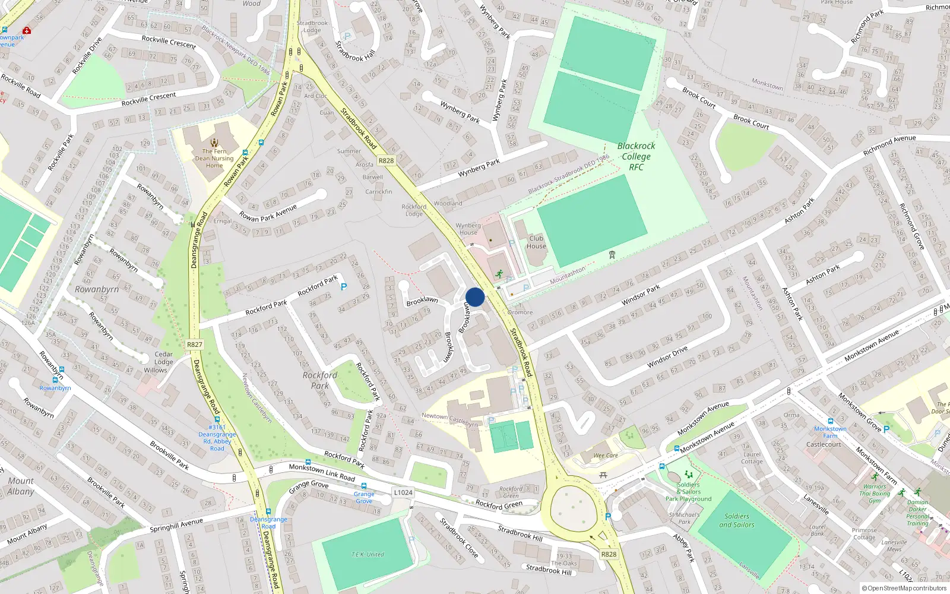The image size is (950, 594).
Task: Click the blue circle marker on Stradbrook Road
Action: pyautogui.click(x=475, y=297)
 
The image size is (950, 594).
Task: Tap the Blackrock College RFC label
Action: pyautogui.click(x=636, y=156)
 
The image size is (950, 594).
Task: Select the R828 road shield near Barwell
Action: pyautogui.click(x=386, y=160)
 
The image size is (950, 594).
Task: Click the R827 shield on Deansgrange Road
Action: pyautogui.click(x=194, y=345)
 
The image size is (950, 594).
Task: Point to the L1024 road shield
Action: pyautogui.click(x=403, y=492)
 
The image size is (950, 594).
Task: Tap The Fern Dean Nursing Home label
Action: pyautogui.click(x=214, y=158)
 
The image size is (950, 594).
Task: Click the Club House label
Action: pyautogui.click(x=536, y=242)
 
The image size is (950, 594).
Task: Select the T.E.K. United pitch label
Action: pyautogui.click(x=368, y=554)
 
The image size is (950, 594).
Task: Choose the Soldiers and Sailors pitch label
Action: pyautogui.click(x=736, y=520)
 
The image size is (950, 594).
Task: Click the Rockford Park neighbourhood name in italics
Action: pyautogui.click(x=319, y=380)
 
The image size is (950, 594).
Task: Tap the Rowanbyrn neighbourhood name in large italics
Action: pyautogui.click(x=97, y=289)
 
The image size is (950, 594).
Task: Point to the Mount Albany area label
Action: pyautogui.click(x=21, y=486)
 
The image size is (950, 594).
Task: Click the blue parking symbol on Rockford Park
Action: pyautogui.click(x=343, y=287)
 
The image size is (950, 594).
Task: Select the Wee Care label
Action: pyautogui.click(x=606, y=456)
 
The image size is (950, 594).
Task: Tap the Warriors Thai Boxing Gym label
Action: pyautogui.click(x=875, y=494)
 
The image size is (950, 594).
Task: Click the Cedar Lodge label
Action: pyautogui.click(x=163, y=358)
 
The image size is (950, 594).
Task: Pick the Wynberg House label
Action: pyautogui.click(x=468, y=229)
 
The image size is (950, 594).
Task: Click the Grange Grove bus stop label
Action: pyautogui.click(x=364, y=497)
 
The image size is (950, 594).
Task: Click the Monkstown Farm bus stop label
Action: pyautogui.click(x=830, y=432)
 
